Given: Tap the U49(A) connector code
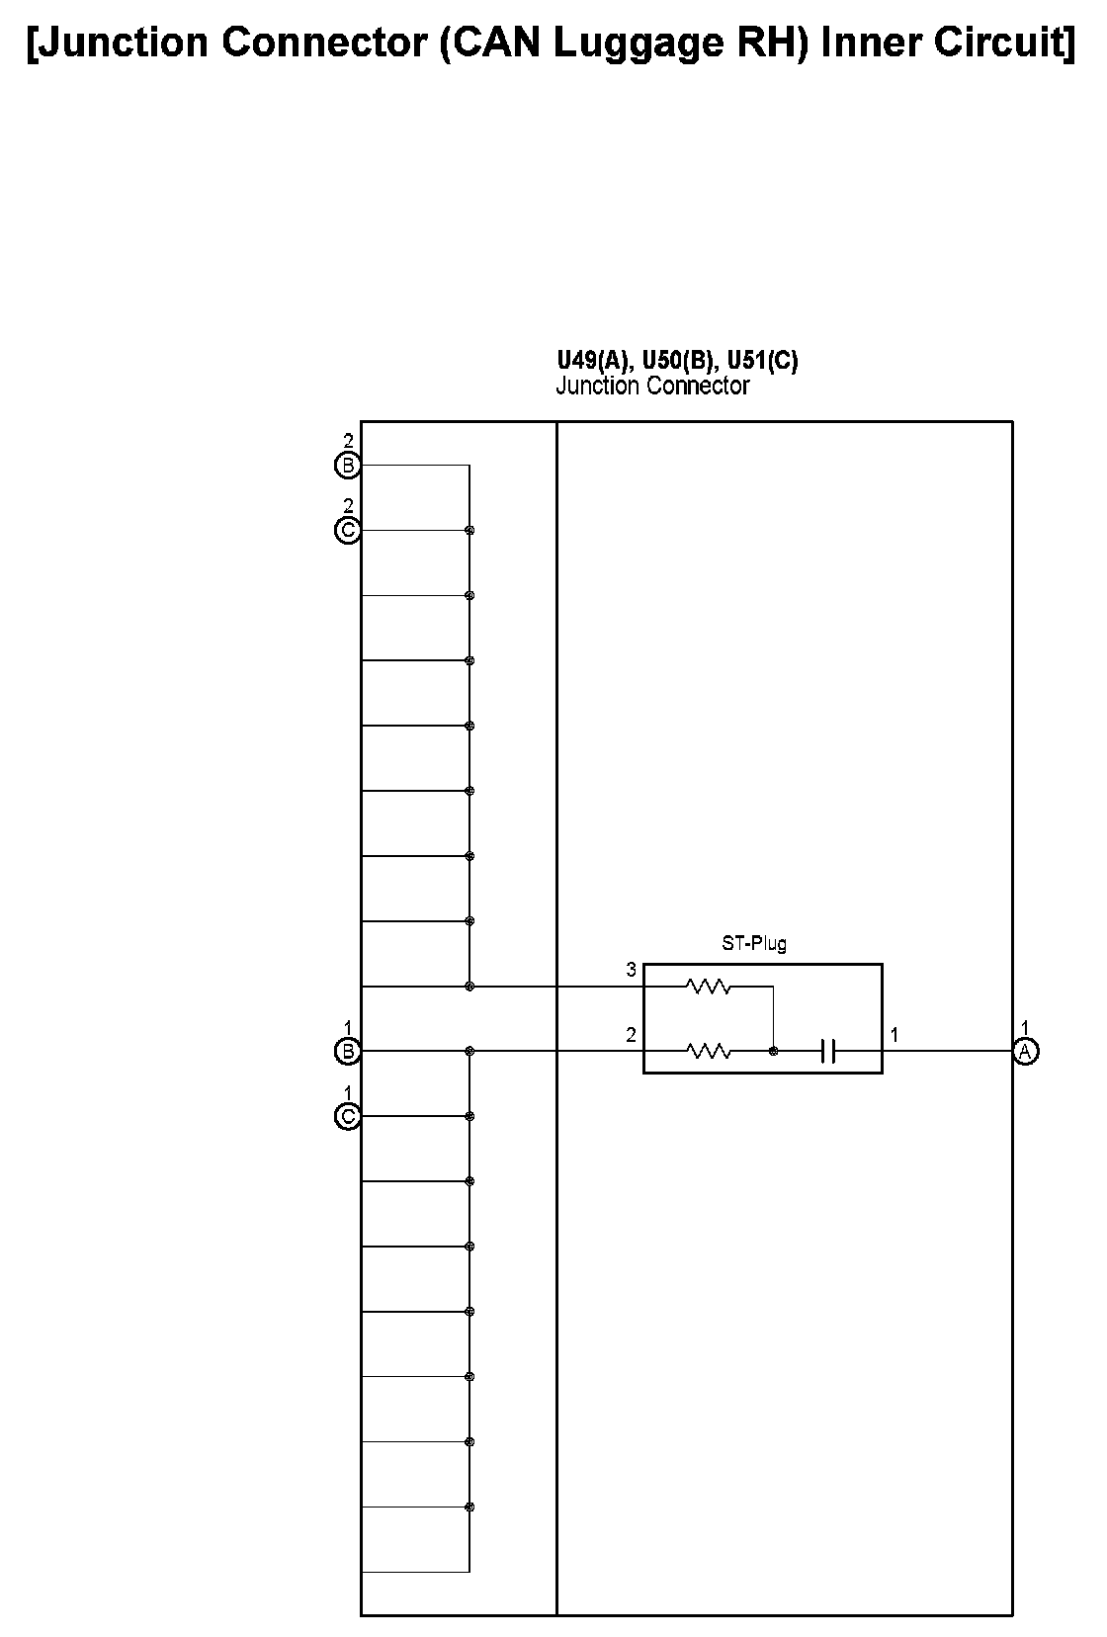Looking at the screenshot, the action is tap(591, 360).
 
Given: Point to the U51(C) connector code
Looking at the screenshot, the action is tap(762, 360).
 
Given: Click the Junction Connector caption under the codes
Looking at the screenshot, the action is tap(652, 386).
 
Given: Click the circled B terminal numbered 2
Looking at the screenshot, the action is tap(348, 466).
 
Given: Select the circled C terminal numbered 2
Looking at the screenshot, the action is tap(348, 531).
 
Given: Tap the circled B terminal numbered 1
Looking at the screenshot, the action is tap(348, 1052).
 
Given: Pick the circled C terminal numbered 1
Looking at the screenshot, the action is tap(348, 1117).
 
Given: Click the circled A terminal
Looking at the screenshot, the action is tap(1025, 1052).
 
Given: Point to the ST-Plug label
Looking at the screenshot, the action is tap(754, 944).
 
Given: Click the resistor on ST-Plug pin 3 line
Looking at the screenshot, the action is tap(708, 987).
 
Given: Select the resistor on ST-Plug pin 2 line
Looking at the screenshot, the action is tap(708, 1052).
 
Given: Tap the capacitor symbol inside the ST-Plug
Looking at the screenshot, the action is tap(829, 1052).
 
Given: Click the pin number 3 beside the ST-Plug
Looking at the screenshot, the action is tap(631, 971).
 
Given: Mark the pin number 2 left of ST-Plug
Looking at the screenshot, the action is tap(631, 1036).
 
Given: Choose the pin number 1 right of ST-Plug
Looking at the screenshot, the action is tap(894, 1036).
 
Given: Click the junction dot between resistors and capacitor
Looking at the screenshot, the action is tap(774, 1052).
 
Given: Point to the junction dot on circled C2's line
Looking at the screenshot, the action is tap(469, 531).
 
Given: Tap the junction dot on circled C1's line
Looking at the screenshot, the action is tap(469, 1117).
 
